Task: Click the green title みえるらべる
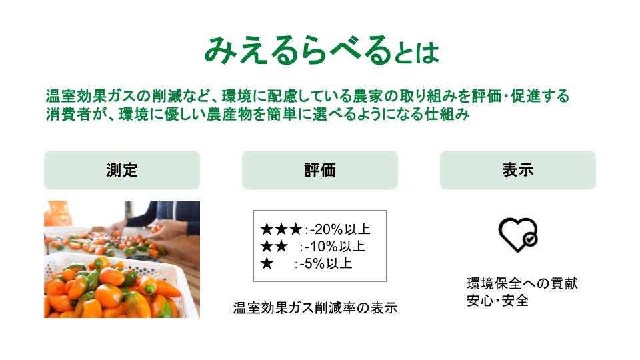point(297,51)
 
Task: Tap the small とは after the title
point(416,53)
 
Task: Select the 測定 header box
point(122,170)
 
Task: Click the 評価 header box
point(320,170)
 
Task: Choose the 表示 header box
point(517,170)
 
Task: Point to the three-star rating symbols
point(281,229)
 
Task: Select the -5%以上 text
point(326,264)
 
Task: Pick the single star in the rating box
point(267,264)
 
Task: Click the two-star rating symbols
point(274,247)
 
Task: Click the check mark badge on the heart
point(530,239)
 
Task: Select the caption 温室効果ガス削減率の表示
point(315,308)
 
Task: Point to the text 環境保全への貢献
point(522,283)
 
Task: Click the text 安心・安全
point(497,301)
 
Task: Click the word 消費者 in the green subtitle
point(68,114)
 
